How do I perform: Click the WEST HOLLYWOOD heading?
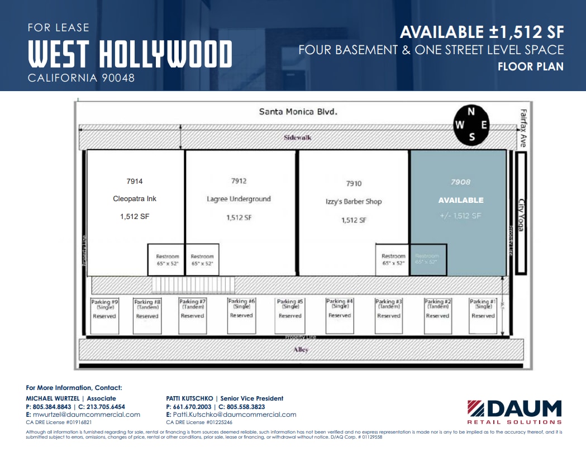[x=130, y=55]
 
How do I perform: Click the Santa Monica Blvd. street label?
[x=298, y=112]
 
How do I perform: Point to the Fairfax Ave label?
[x=523, y=127]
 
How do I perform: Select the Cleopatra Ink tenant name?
[x=134, y=199]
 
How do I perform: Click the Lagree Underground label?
[x=239, y=199]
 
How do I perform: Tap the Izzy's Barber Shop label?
[x=354, y=201]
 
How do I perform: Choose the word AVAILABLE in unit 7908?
[x=461, y=200]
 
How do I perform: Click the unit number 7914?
[x=135, y=181]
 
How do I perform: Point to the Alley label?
[x=301, y=350]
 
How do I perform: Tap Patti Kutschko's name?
[x=190, y=398]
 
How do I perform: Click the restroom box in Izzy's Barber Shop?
[x=393, y=259]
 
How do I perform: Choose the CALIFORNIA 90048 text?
[x=81, y=78]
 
